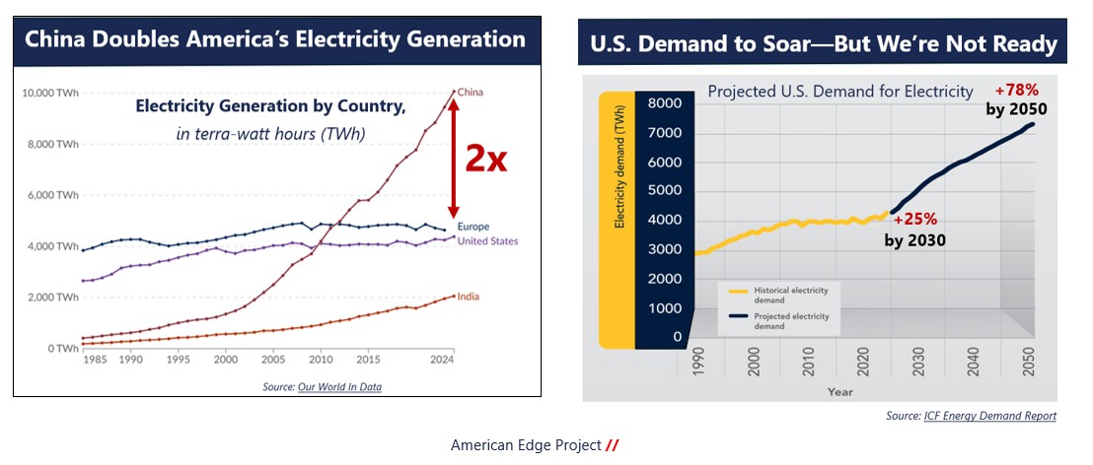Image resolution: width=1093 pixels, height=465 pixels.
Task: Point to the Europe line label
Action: click(474, 227)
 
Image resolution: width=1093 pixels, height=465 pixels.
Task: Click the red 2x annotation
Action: click(486, 157)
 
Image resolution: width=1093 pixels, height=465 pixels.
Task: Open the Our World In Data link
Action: click(339, 387)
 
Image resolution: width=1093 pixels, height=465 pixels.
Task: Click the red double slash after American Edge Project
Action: click(613, 445)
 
